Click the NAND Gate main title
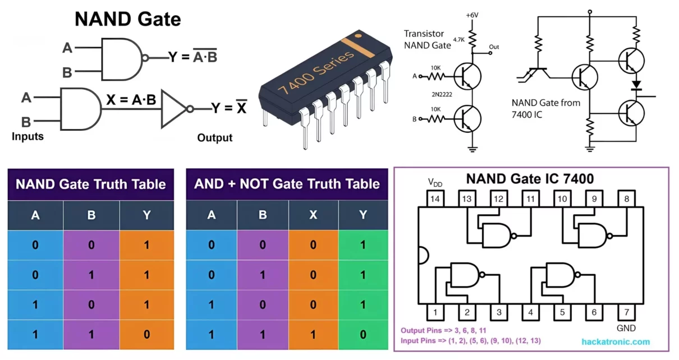[128, 20]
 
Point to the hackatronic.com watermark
[616, 341]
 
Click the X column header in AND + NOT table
[313, 215]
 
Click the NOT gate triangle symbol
[174, 108]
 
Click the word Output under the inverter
[214, 137]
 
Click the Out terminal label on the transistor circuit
[494, 47]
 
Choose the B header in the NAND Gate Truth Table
[91, 215]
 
